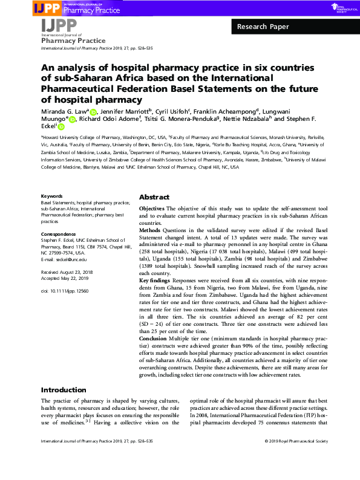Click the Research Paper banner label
click(x=263, y=27)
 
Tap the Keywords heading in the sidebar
click(x=51, y=196)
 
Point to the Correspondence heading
click(x=58, y=234)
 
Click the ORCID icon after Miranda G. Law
click(x=93, y=112)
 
